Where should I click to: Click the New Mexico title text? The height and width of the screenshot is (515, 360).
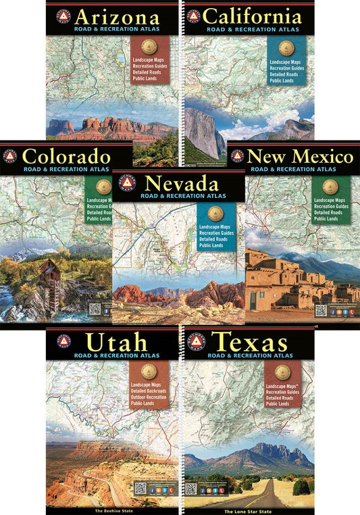pos(300,156)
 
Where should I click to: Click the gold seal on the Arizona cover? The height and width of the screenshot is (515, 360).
pos(149,47)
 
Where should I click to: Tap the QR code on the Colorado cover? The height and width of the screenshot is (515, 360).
pos(95,309)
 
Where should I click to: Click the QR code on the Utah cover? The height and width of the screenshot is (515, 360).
pos(140,487)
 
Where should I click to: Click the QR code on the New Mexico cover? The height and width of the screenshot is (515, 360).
pos(322,310)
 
